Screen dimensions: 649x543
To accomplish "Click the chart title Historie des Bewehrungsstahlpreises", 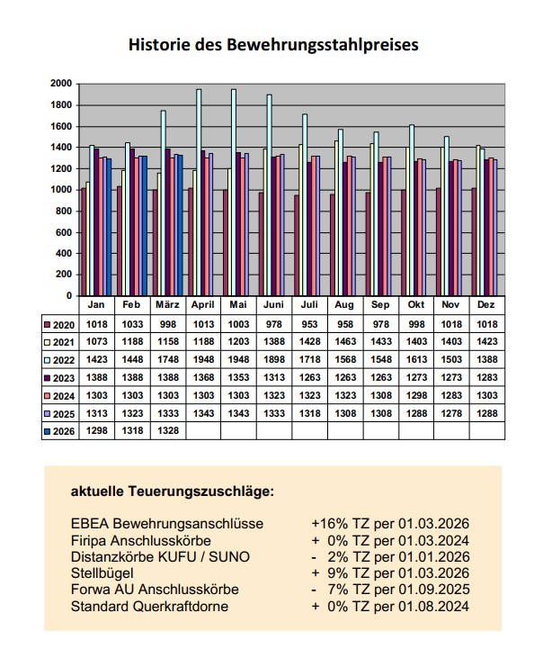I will (273, 43).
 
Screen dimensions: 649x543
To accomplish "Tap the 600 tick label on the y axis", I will (62, 232).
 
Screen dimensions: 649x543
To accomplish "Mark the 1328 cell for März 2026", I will (165, 430).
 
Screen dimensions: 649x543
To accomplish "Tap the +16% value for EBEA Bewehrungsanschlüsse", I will (328, 523).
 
